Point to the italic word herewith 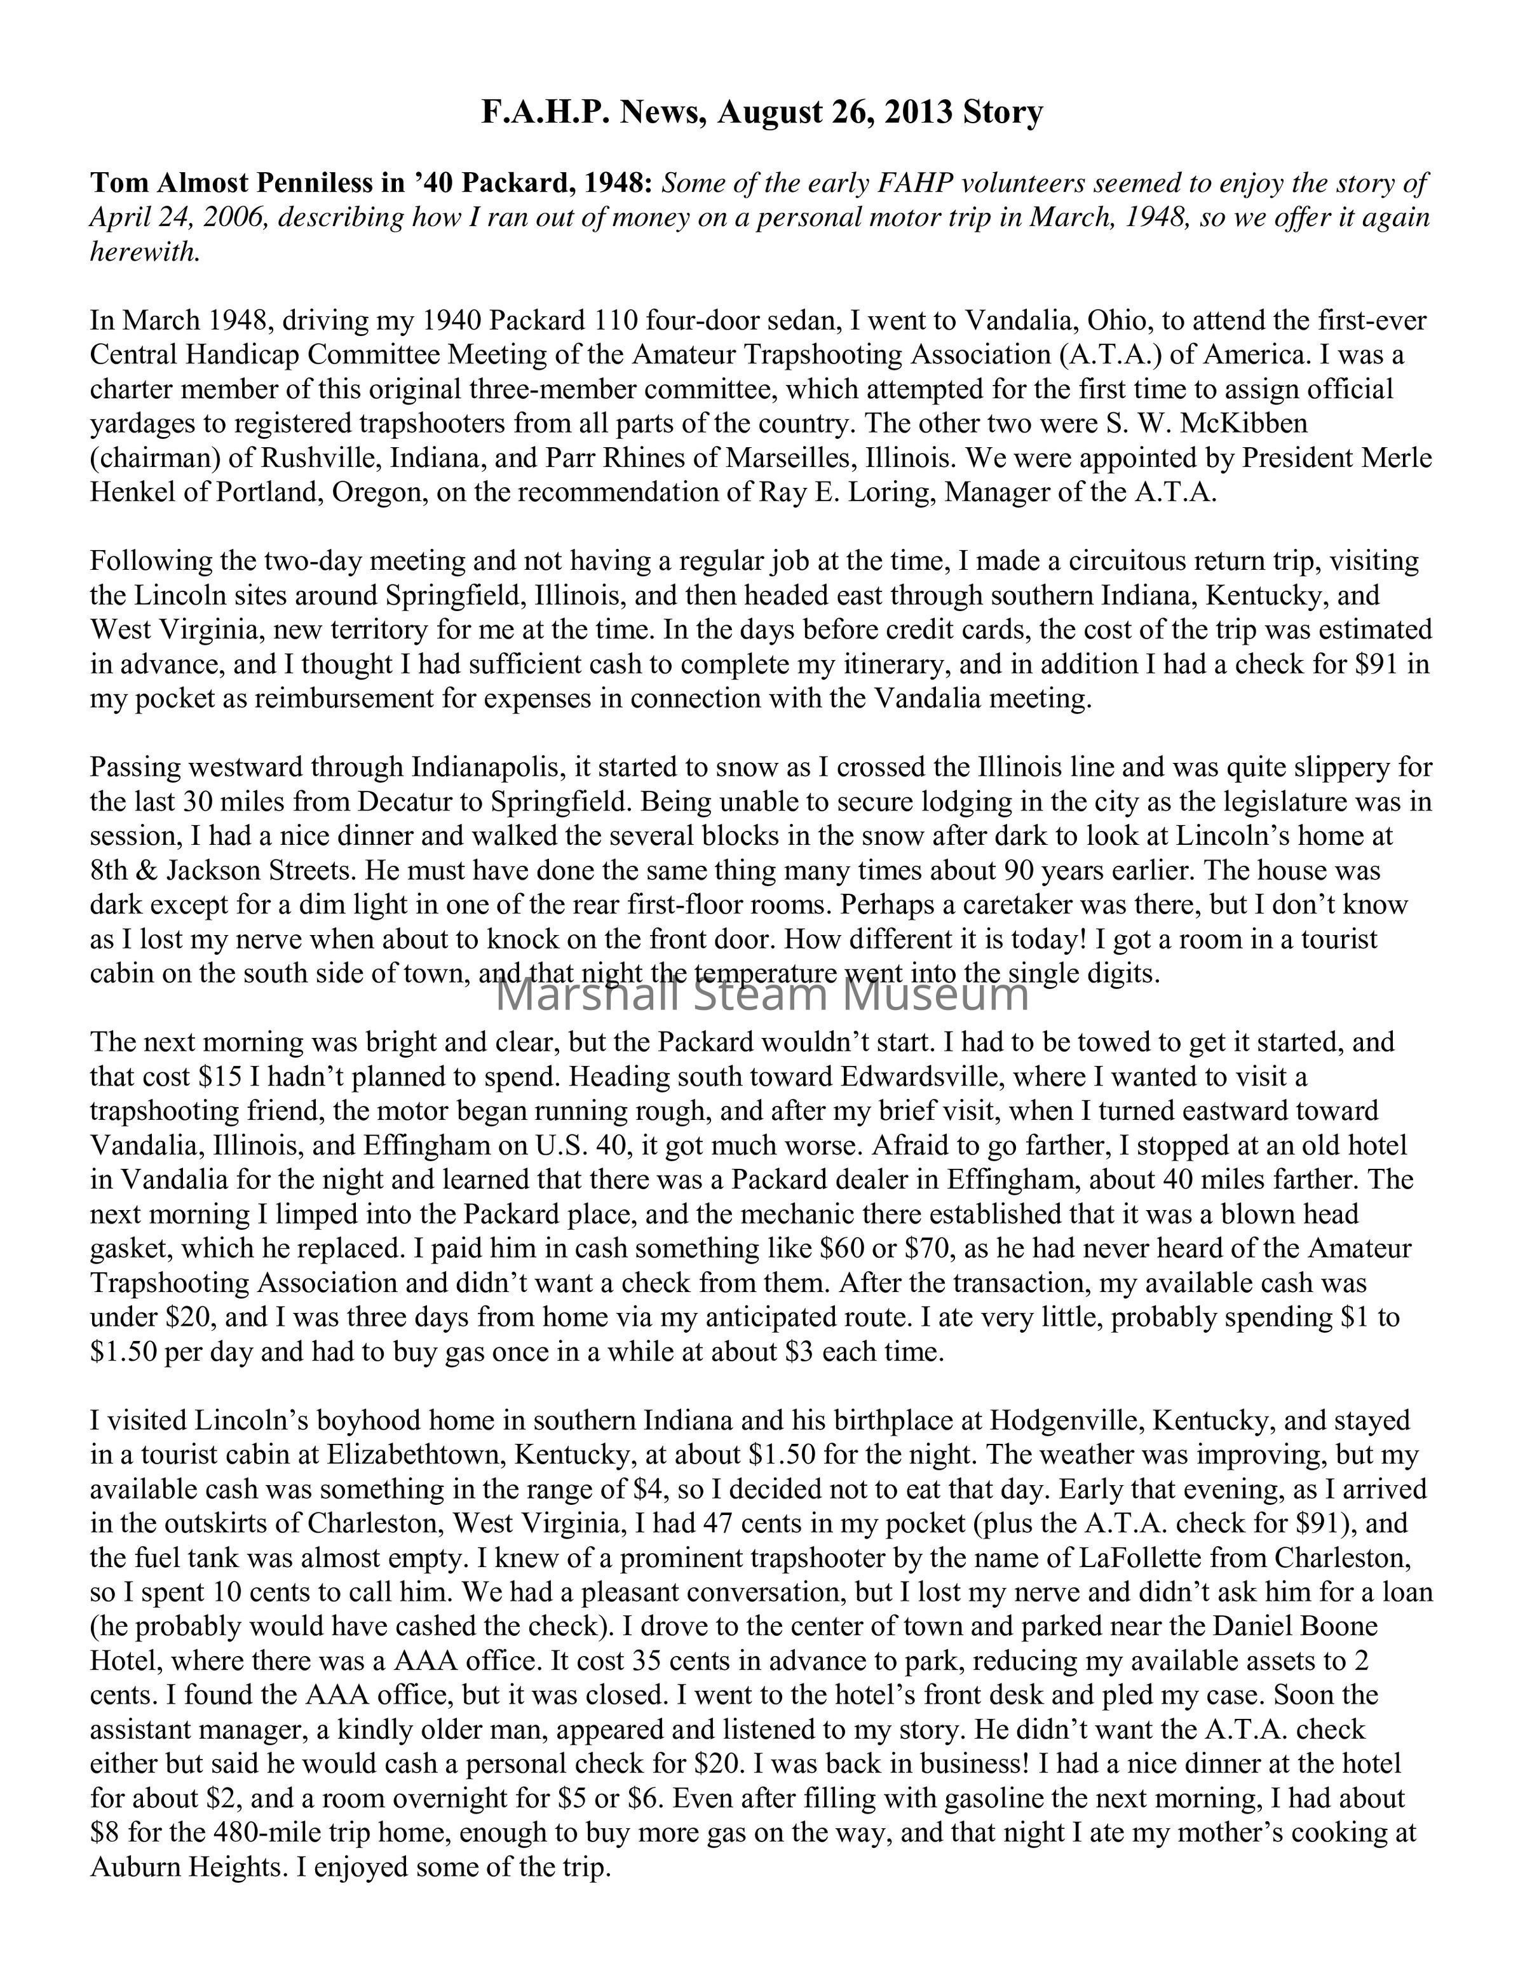coord(144,252)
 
